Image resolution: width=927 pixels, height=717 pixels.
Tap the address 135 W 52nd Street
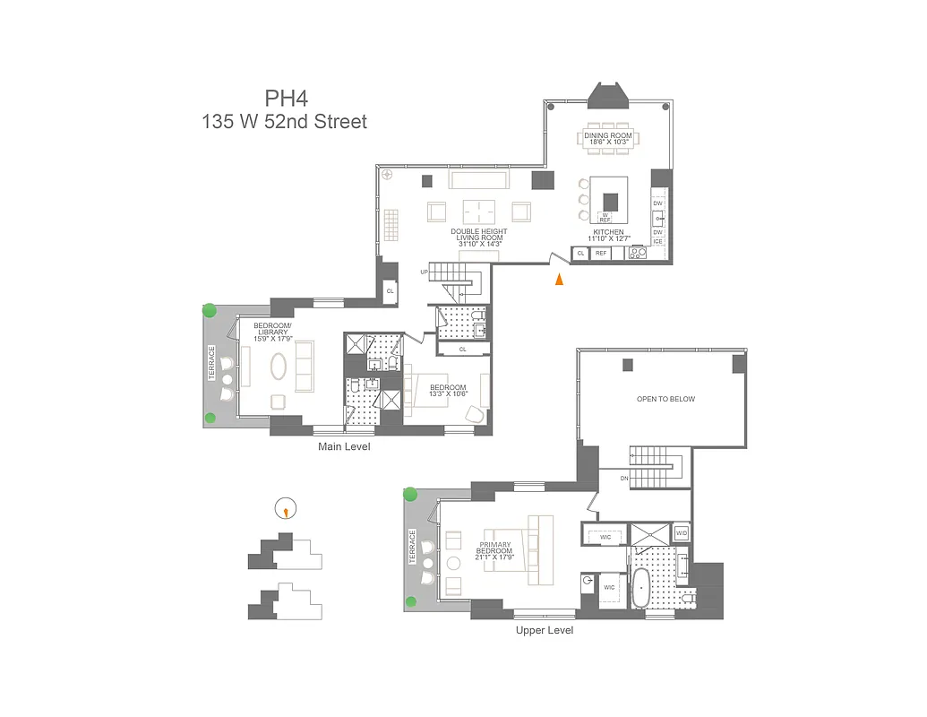tap(284, 122)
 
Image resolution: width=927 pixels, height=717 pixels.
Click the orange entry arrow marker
tap(560, 280)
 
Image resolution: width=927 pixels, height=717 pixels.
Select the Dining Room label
tap(608, 138)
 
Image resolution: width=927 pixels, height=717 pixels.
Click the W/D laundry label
tap(681, 533)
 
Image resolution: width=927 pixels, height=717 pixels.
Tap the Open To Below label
tap(665, 399)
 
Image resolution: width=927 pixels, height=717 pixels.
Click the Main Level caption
tap(344, 446)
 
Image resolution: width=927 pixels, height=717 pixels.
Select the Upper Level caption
tap(544, 630)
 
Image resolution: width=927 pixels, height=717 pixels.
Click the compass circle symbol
tap(285, 508)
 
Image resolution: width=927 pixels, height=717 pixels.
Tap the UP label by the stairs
tap(424, 272)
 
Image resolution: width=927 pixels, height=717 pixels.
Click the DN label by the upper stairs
tap(623, 478)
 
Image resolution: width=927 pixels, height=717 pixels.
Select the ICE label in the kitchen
tap(658, 242)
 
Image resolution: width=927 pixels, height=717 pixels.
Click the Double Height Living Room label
tap(478, 236)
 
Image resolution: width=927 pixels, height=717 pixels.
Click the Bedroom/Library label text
tap(270, 332)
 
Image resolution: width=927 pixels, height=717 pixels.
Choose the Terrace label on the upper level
tap(413, 546)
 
